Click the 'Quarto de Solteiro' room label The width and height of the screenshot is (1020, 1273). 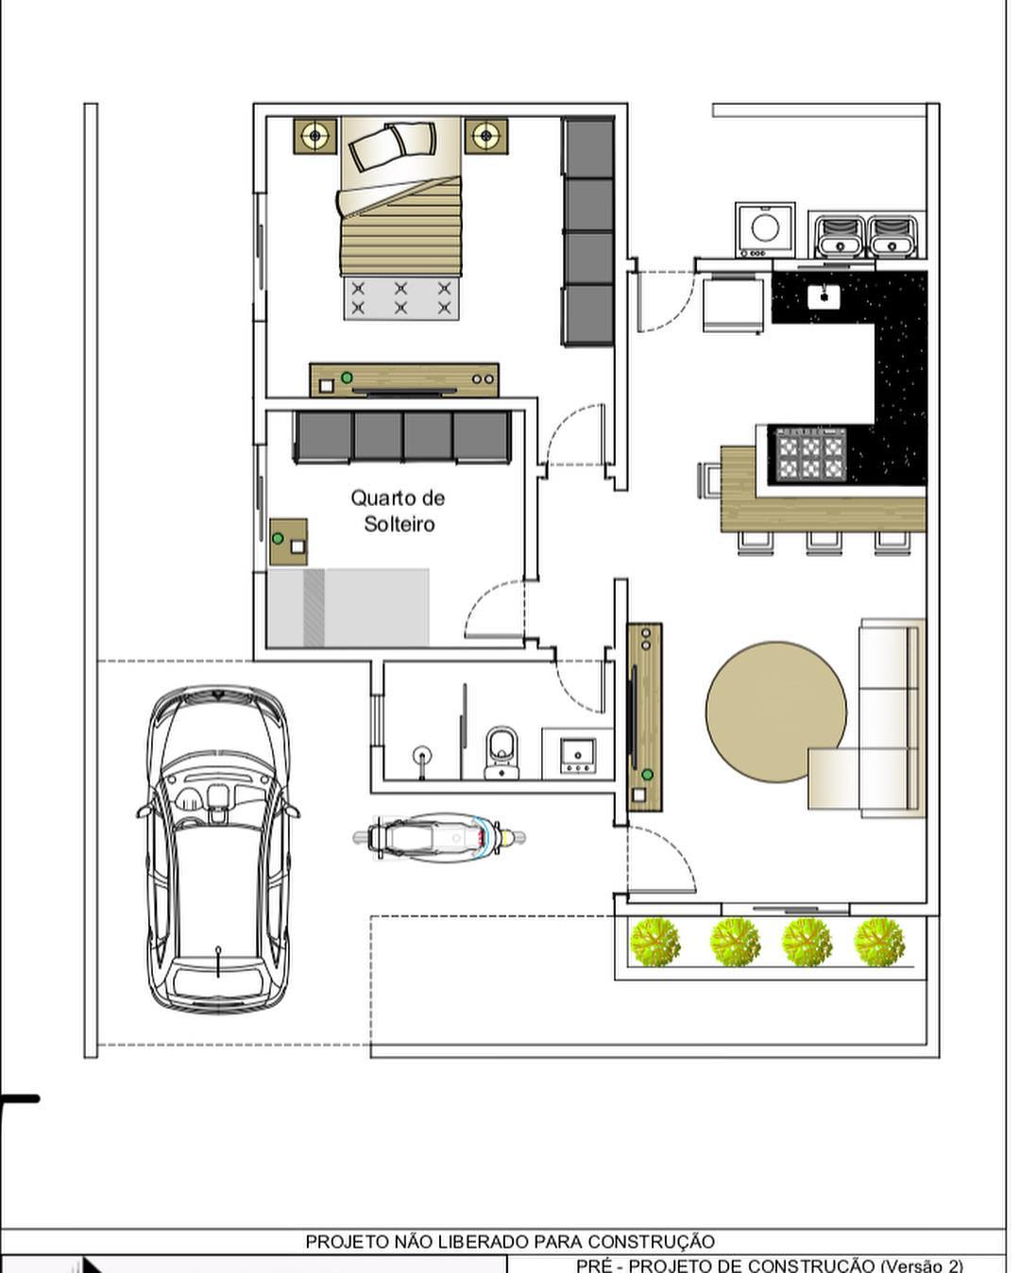398,511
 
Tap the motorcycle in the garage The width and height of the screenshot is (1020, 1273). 438,838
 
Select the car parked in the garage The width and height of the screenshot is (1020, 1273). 218,849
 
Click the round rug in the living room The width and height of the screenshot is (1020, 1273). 776,711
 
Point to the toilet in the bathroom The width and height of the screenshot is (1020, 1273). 501,752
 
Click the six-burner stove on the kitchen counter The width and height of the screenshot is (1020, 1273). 811,454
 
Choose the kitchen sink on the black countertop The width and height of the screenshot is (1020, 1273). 824,296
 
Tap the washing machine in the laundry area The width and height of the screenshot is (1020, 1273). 765,229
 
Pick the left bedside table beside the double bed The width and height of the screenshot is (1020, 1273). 315,136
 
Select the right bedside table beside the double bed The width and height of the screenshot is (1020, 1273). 486,136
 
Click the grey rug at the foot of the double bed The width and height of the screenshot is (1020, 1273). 401,298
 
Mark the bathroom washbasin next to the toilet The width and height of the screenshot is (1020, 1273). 578,755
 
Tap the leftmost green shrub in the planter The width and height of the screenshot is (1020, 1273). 654,944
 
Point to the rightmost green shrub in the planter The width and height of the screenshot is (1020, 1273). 879,944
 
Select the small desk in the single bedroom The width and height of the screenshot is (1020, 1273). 288,542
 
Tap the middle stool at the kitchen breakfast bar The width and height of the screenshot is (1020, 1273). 824,543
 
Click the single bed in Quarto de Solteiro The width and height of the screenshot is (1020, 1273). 348,608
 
